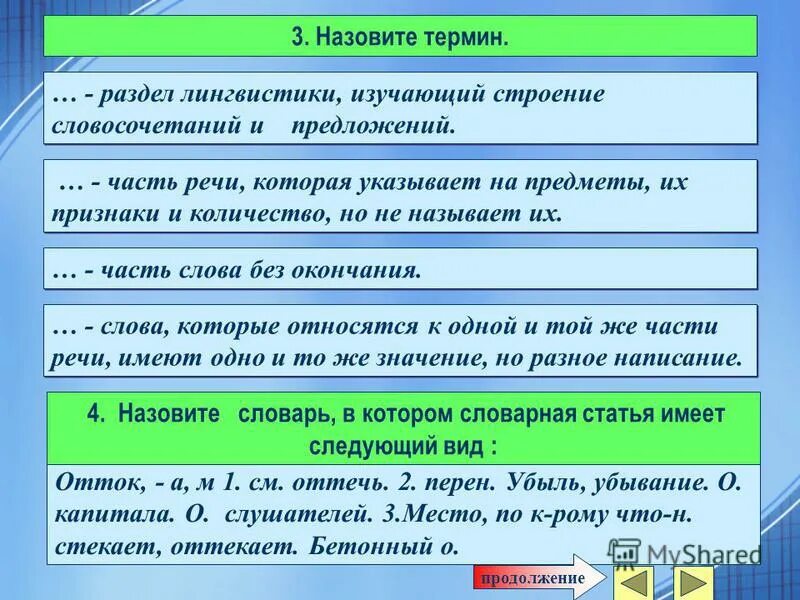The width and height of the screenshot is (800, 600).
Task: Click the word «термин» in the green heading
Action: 468,37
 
